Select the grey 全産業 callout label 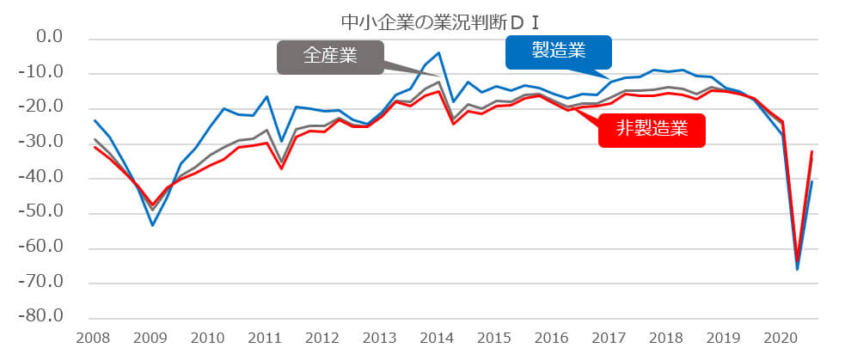329,58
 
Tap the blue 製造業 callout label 557,52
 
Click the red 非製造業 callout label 651,129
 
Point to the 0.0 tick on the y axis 46,38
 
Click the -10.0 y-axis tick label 43,73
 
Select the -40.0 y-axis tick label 43,178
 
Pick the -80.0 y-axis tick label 43,317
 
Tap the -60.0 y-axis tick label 43,247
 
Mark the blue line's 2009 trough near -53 153,225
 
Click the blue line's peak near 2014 439,52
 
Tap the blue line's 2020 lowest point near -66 797,269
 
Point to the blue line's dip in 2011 281,141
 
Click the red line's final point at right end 811,151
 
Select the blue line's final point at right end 811,181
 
